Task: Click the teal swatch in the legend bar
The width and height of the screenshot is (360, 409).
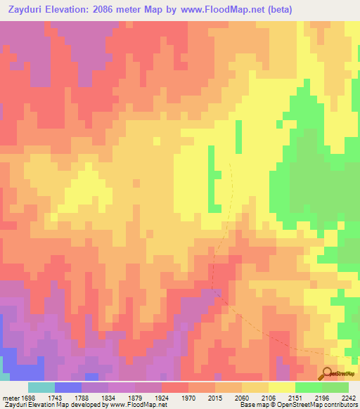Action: (41, 387)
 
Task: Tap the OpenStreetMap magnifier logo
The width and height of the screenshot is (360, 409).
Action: (327, 373)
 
